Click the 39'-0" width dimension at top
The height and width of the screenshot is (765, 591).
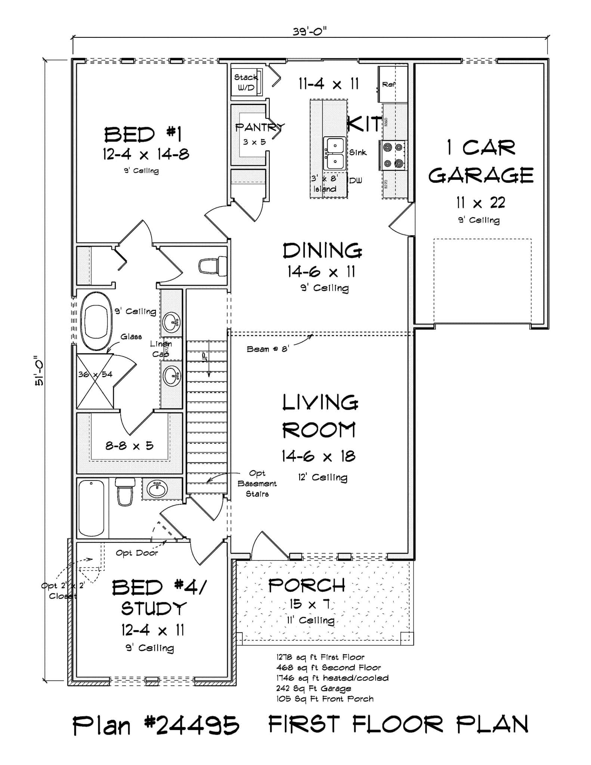tap(309, 32)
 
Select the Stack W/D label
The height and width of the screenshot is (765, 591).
tap(245, 83)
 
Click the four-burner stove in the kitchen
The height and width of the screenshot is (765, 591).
tap(394, 155)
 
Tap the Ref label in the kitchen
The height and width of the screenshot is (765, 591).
tap(389, 85)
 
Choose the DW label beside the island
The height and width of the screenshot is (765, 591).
tap(356, 180)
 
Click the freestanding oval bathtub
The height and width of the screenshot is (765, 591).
tap(96, 321)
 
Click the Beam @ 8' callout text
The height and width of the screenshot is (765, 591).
tap(268, 349)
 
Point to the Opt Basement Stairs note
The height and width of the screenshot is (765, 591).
tap(257, 483)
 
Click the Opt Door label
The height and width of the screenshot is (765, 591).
tap(137, 553)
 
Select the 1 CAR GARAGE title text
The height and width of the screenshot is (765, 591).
tap(481, 161)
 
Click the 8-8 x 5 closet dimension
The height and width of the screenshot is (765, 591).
tap(129, 446)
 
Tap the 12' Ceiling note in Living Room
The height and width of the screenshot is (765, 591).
tap(322, 477)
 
